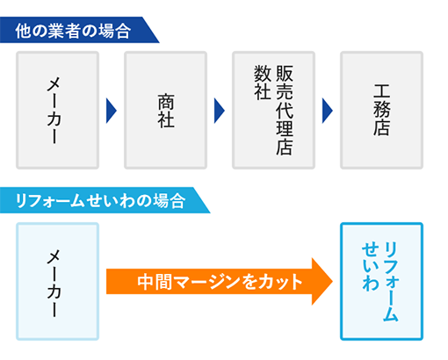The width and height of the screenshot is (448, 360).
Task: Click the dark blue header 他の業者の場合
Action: pyautogui.click(x=74, y=31)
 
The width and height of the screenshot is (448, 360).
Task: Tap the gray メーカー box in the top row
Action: pyautogui.click(x=58, y=110)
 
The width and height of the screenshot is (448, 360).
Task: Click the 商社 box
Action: pyautogui.click(x=165, y=110)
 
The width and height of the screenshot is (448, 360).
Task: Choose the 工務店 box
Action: pyautogui.click(x=381, y=110)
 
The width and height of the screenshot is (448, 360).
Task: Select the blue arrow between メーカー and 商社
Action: pyautogui.click(x=112, y=110)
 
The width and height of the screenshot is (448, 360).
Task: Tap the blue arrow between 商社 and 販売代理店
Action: pyautogui.click(x=219, y=110)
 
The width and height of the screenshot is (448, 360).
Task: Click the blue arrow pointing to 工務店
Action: pyautogui.click(x=327, y=110)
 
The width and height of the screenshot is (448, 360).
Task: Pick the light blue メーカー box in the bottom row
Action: pyautogui.click(x=58, y=281)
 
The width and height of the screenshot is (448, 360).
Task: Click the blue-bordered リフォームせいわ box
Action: pyautogui.click(x=381, y=281)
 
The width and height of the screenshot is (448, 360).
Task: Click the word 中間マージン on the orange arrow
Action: pyautogui.click(x=189, y=282)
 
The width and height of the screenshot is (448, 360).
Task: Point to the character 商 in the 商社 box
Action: pyautogui.click(x=165, y=98)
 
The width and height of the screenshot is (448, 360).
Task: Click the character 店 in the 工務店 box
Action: pyautogui.click(x=381, y=129)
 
